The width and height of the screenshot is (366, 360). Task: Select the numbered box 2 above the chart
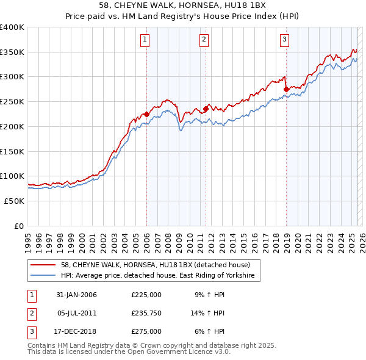(x=204, y=40)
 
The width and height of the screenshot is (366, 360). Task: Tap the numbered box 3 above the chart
(x=285, y=40)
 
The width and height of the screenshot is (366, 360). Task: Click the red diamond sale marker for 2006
(x=146, y=114)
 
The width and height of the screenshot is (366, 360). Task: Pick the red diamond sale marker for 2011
(x=206, y=109)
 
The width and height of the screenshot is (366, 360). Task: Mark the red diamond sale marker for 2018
(x=286, y=89)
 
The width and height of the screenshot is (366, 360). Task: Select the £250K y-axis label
(x=12, y=101)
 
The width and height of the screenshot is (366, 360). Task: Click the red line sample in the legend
(x=45, y=265)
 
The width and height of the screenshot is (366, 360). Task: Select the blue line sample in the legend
(x=45, y=276)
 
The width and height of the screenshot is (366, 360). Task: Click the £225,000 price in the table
(x=146, y=295)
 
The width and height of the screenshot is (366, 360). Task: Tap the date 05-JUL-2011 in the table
(x=76, y=313)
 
